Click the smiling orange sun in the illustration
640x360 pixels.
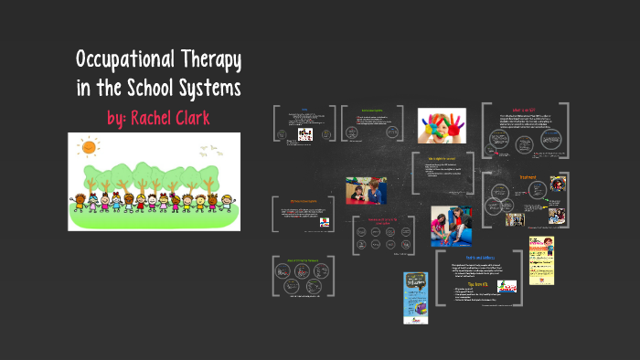[88, 147]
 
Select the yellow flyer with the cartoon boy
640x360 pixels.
[541, 259]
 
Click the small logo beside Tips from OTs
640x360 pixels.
[506, 286]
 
